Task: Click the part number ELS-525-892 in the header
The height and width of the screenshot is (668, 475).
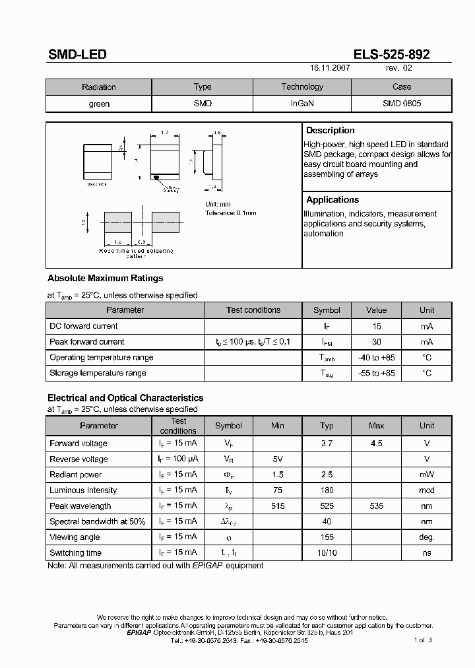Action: [x=391, y=54]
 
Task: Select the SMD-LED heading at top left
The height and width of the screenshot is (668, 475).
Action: [x=77, y=55]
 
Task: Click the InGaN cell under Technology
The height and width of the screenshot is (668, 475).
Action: [x=302, y=104]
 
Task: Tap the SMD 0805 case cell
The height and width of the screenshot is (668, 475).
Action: [x=401, y=104]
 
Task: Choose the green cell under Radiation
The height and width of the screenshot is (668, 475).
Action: [x=99, y=104]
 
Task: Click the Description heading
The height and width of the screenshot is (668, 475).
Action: [x=331, y=131]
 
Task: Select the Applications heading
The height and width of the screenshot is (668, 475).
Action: [x=332, y=200]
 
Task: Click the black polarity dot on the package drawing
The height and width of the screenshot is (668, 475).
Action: [x=156, y=178]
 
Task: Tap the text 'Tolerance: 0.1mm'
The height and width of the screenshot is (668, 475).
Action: [x=230, y=213]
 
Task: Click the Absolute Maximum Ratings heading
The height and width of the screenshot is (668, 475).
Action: [x=105, y=279]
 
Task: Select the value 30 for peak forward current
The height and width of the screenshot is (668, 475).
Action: [x=376, y=342]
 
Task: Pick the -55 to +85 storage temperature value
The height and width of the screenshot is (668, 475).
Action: [x=376, y=374]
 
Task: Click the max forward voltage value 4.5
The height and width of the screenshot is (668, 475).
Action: [x=376, y=444]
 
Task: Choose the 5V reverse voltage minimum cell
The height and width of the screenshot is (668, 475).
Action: [x=278, y=459]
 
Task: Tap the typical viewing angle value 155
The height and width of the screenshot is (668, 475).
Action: [x=327, y=538]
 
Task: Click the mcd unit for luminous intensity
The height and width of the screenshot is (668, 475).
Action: [x=427, y=490]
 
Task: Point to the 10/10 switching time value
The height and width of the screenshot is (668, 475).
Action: [x=327, y=553]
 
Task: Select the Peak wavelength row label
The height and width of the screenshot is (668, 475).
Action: [x=80, y=506]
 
